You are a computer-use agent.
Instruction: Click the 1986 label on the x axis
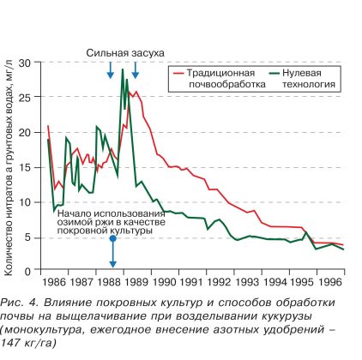click(x=54, y=282)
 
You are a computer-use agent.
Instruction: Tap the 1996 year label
click(x=330, y=282)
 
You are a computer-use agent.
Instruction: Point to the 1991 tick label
click(x=192, y=282)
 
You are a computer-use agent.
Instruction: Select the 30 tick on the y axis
click(x=25, y=63)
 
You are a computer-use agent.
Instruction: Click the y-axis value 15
click(x=25, y=167)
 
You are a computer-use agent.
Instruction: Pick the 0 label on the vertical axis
click(x=27, y=271)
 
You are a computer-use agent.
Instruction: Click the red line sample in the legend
click(x=178, y=73)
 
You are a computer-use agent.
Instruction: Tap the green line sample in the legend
click(x=275, y=73)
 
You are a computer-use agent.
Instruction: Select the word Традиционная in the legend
click(x=220, y=73)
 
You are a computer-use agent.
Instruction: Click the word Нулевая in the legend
click(x=302, y=73)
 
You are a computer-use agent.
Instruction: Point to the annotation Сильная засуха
click(x=125, y=53)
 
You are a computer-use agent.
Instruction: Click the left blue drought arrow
click(x=111, y=70)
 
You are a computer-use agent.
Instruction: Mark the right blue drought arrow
click(x=136, y=70)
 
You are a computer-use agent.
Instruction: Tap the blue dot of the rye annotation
click(x=113, y=238)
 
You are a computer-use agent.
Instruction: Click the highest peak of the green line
click(x=123, y=69)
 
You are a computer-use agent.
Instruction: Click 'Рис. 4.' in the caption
click(x=20, y=303)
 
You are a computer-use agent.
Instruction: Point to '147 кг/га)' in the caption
click(x=28, y=343)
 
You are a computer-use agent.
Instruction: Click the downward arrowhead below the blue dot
click(x=113, y=263)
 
